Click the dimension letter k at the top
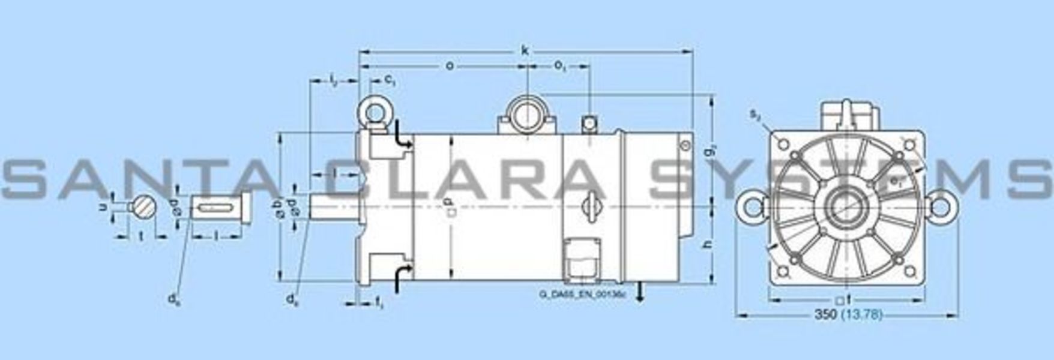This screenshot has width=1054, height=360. pyautogui.click(x=526, y=51)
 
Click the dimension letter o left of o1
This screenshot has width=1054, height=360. pyautogui.click(x=449, y=65)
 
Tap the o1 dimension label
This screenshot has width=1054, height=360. pyautogui.click(x=560, y=67)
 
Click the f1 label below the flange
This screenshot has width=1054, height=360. pyautogui.click(x=379, y=304)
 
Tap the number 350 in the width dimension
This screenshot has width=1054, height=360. pyautogui.click(x=826, y=314)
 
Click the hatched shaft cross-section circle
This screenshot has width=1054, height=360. pyautogui.click(x=144, y=207)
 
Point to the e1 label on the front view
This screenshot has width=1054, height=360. pyautogui.click(x=896, y=180)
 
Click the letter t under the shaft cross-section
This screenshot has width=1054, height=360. pyautogui.click(x=142, y=236)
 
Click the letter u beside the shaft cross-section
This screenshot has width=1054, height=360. pyautogui.click(x=102, y=206)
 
